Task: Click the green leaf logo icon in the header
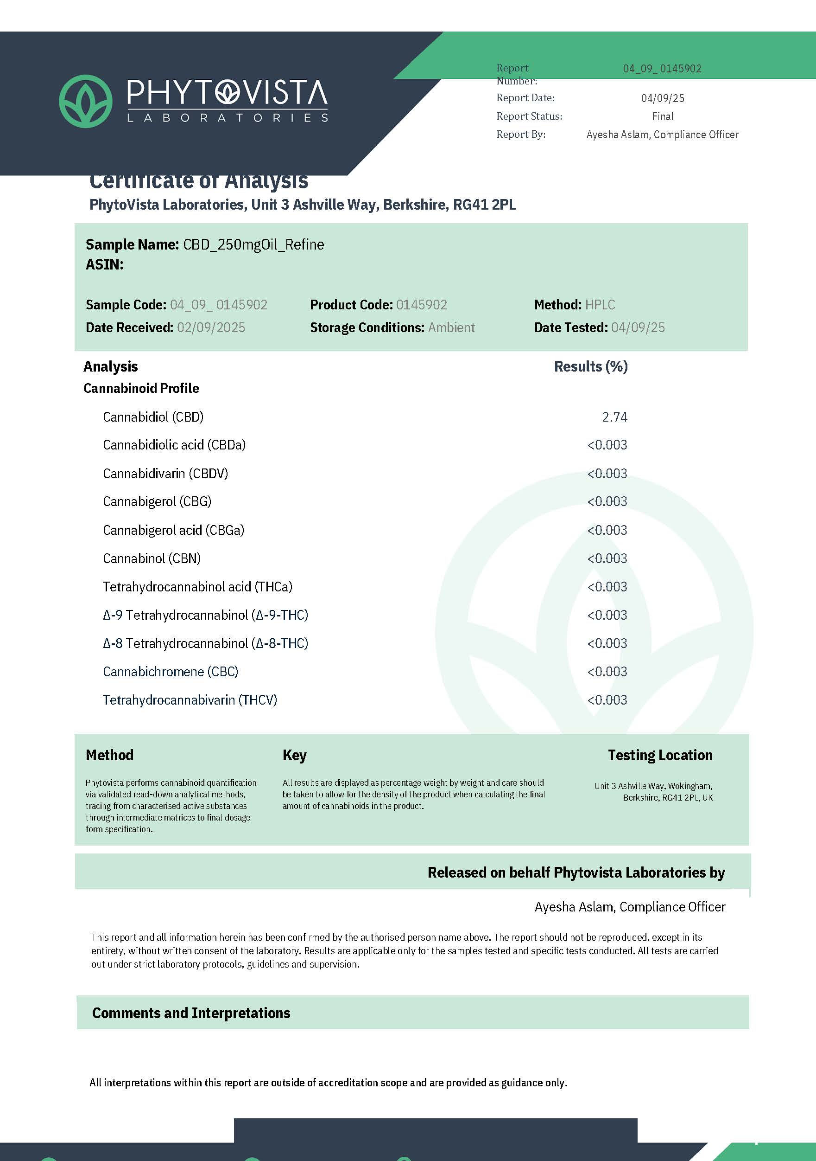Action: point(85,101)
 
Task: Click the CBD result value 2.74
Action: point(614,417)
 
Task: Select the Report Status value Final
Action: point(663,116)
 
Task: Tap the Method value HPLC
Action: point(600,304)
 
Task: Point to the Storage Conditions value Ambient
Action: point(451,327)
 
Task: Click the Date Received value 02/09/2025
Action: point(211,327)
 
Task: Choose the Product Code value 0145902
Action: point(421,304)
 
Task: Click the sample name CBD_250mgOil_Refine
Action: point(253,245)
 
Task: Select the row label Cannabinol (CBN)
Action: point(152,558)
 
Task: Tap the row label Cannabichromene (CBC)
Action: point(170,672)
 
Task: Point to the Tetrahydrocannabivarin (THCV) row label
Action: point(190,700)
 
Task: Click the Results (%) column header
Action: point(591,366)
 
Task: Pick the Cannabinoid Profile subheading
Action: point(141,388)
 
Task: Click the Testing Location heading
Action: point(660,755)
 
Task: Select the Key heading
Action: point(295,755)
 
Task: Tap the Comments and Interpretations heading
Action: point(191,1013)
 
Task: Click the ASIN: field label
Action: point(105,264)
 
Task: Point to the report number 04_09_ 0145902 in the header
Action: point(662,69)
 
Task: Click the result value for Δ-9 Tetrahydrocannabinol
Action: point(607,615)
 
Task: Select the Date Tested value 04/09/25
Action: point(638,327)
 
